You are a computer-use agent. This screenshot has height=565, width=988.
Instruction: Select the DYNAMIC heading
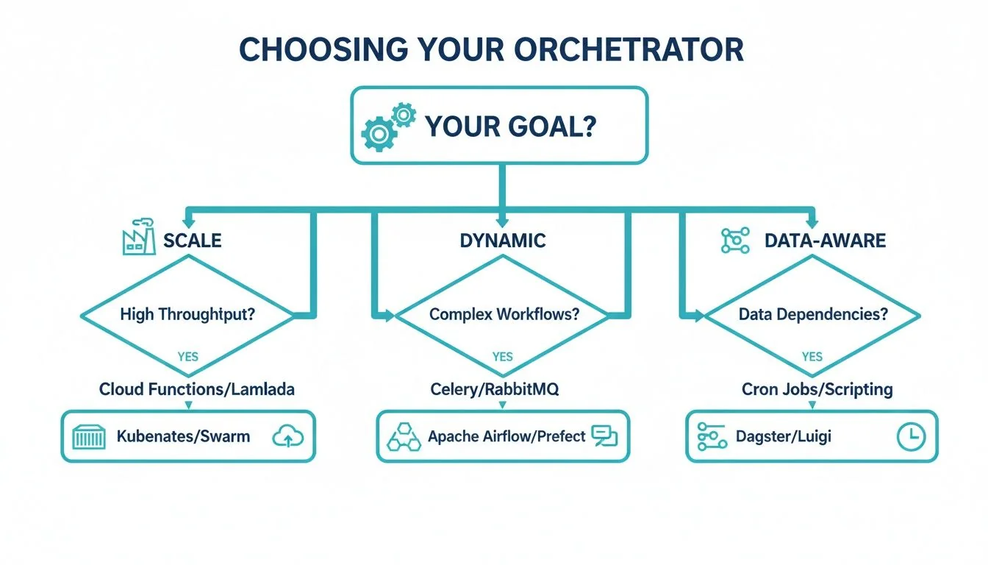pyautogui.click(x=502, y=240)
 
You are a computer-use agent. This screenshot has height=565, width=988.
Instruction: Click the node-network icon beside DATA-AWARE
pyautogui.click(x=735, y=241)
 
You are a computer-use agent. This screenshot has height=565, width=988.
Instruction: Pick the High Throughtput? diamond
pyautogui.click(x=187, y=314)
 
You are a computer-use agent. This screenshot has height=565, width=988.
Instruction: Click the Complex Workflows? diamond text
pyautogui.click(x=504, y=314)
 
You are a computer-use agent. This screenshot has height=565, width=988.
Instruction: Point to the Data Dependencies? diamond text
pyautogui.click(x=812, y=314)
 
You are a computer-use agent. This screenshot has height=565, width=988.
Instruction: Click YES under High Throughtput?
pyautogui.click(x=188, y=356)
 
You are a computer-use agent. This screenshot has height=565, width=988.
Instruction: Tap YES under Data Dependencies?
pyautogui.click(x=812, y=356)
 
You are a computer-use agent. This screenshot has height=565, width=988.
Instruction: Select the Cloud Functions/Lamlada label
pyautogui.click(x=197, y=389)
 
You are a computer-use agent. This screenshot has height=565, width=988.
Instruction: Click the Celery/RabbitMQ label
pyautogui.click(x=495, y=389)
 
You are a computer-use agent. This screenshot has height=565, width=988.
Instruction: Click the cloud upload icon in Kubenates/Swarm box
pyautogui.click(x=288, y=437)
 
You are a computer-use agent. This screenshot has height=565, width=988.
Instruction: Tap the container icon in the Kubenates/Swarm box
pyautogui.click(x=90, y=437)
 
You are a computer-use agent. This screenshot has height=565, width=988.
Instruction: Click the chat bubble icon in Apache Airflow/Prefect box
pyautogui.click(x=604, y=437)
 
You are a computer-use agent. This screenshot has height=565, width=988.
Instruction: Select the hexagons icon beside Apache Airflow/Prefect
pyautogui.click(x=404, y=437)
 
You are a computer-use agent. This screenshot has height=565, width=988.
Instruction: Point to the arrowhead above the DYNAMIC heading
pyautogui.click(x=502, y=220)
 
